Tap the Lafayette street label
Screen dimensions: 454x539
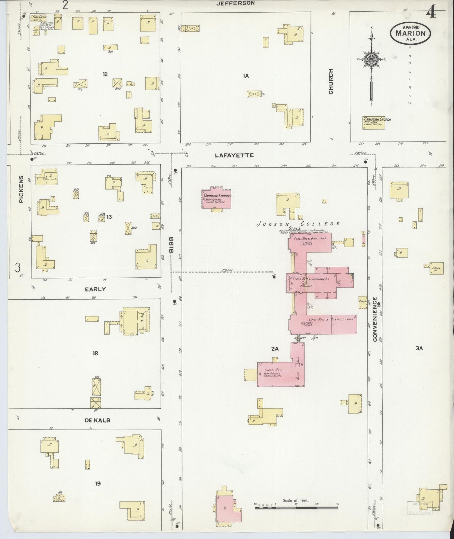(x=234, y=155)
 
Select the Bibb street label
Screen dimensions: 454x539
(x=172, y=245)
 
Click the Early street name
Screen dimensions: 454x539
(x=95, y=289)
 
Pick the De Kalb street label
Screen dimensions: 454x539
(x=97, y=420)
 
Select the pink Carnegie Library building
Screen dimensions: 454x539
(x=217, y=198)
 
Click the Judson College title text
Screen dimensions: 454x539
(x=298, y=224)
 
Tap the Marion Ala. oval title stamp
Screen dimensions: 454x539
(x=410, y=34)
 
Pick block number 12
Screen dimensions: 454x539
(x=105, y=74)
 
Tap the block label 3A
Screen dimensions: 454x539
(x=419, y=348)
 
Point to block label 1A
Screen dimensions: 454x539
(x=246, y=75)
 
